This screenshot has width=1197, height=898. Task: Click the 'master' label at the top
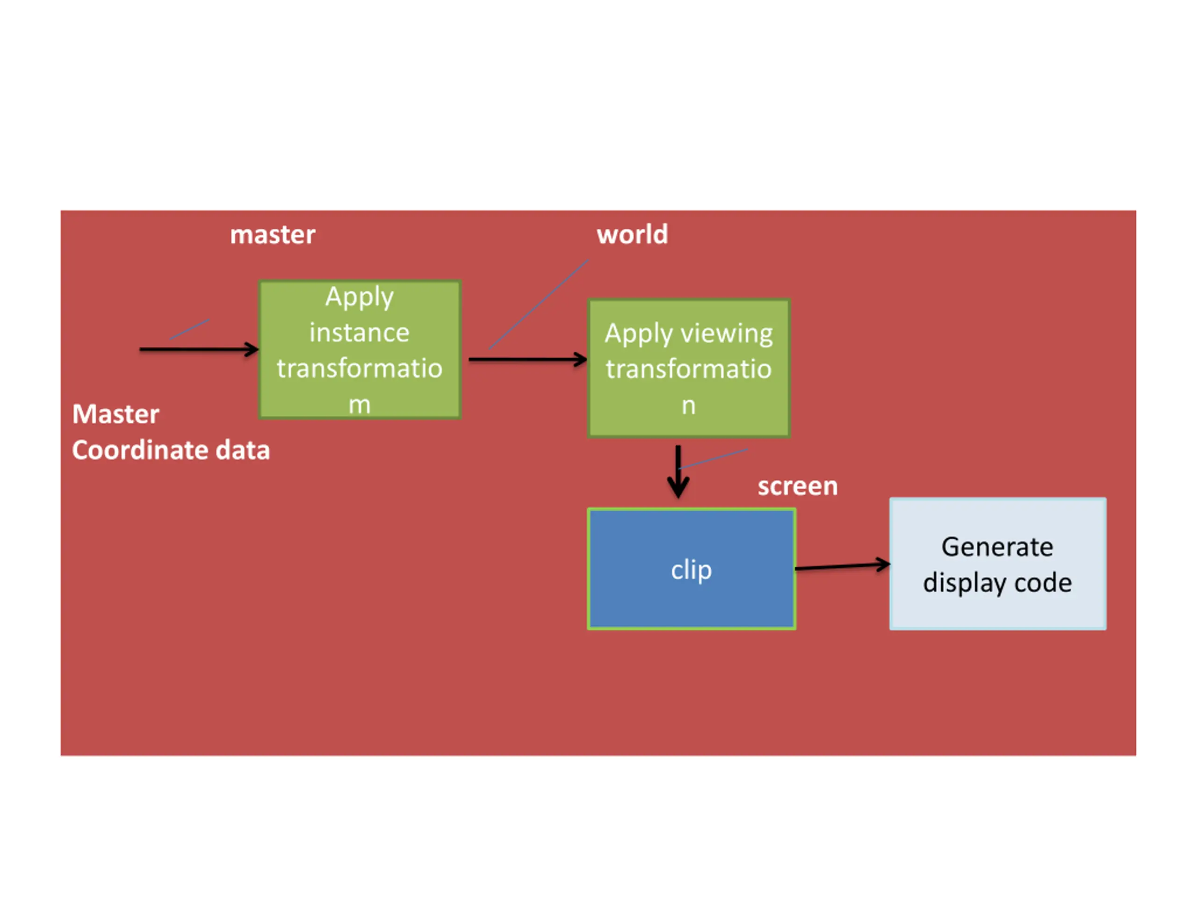[x=273, y=235]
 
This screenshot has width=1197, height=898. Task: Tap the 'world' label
[x=632, y=234]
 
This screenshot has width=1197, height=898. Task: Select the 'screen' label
[x=798, y=486]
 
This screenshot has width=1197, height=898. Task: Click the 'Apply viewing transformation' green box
[x=689, y=368]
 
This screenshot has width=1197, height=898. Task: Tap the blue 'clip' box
[x=692, y=569]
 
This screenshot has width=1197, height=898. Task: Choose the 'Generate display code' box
[x=998, y=564]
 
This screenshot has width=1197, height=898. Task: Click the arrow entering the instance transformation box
[x=199, y=349]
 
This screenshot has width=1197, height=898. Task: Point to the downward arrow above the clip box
[x=678, y=471]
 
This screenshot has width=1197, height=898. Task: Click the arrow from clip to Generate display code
[x=843, y=566]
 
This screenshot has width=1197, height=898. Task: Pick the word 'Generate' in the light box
[x=997, y=547]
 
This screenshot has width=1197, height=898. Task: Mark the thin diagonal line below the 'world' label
[x=539, y=304]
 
